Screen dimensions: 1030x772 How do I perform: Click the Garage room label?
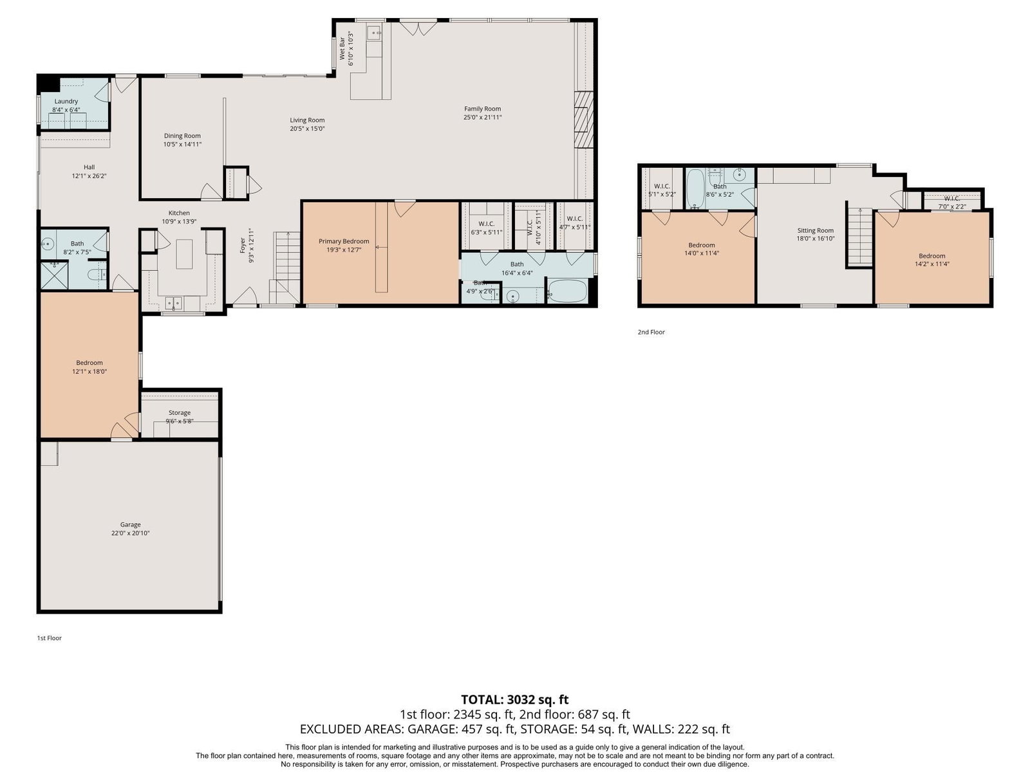pyautogui.click(x=130, y=524)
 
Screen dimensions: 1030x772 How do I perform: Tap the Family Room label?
pyautogui.click(x=482, y=109)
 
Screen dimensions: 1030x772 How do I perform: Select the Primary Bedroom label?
pyautogui.click(x=344, y=241)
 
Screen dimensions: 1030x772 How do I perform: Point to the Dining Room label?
pyautogui.click(x=182, y=136)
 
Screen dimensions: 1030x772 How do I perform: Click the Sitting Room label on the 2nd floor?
pyautogui.click(x=815, y=230)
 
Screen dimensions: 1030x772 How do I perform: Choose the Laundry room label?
pyautogui.click(x=66, y=101)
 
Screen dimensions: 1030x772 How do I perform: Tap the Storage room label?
pyautogui.click(x=179, y=413)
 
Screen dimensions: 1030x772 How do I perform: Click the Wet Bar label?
pyautogui.click(x=342, y=48)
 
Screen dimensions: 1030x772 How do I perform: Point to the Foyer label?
pyautogui.click(x=243, y=246)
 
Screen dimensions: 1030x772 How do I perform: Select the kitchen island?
pyautogui.click(x=184, y=254)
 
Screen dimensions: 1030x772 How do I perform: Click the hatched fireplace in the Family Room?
pyautogui.click(x=584, y=120)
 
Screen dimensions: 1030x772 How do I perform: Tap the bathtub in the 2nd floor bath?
pyautogui.click(x=695, y=188)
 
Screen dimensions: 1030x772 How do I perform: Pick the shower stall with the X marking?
pyautogui.click(x=55, y=275)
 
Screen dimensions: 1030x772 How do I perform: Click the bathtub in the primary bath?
pyautogui.click(x=567, y=291)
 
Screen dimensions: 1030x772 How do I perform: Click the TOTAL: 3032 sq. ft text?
pyautogui.click(x=515, y=700)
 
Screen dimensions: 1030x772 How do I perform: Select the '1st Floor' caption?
pyautogui.click(x=50, y=638)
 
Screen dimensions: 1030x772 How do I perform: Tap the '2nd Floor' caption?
pyautogui.click(x=651, y=332)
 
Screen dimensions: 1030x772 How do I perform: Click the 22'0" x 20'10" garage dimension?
pyautogui.click(x=130, y=533)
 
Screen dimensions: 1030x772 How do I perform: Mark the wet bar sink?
pyautogui.click(x=374, y=33)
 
